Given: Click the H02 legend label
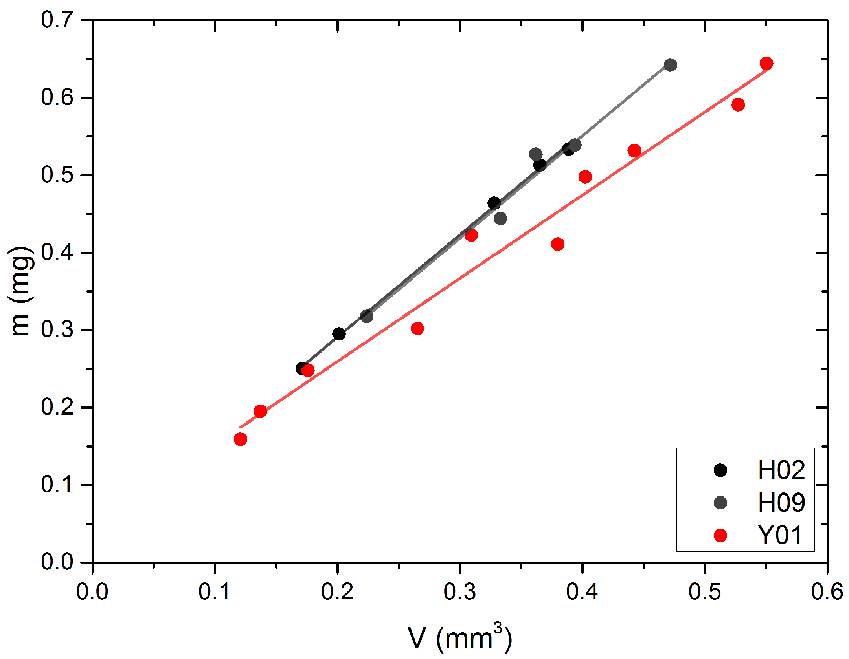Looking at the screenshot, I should click(x=781, y=470).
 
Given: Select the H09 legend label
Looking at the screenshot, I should click(x=781, y=503).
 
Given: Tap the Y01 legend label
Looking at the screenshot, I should click(x=779, y=535).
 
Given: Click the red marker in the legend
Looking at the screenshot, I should click(x=720, y=535).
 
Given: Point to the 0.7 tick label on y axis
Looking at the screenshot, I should click(x=57, y=20).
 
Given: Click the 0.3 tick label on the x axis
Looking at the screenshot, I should click(x=459, y=591).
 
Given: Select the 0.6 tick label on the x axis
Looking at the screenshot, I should click(x=827, y=591).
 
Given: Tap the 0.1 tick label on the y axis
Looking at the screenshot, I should click(x=57, y=485).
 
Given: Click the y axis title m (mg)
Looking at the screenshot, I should click(x=20, y=291).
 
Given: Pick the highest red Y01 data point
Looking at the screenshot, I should click(x=766, y=63).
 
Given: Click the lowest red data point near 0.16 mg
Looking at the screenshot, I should click(x=241, y=439).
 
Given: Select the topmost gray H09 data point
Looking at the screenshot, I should click(x=671, y=65).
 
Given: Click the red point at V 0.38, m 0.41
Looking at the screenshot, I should click(x=557, y=244).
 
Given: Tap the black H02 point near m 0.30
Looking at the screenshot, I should click(x=339, y=334).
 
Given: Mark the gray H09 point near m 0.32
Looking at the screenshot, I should click(x=367, y=316).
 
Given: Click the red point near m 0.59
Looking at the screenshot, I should click(x=738, y=105).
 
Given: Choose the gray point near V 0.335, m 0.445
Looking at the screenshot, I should click(x=500, y=218).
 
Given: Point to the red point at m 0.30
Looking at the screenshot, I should click(x=417, y=328).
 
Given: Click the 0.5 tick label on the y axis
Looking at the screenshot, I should click(x=57, y=175).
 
